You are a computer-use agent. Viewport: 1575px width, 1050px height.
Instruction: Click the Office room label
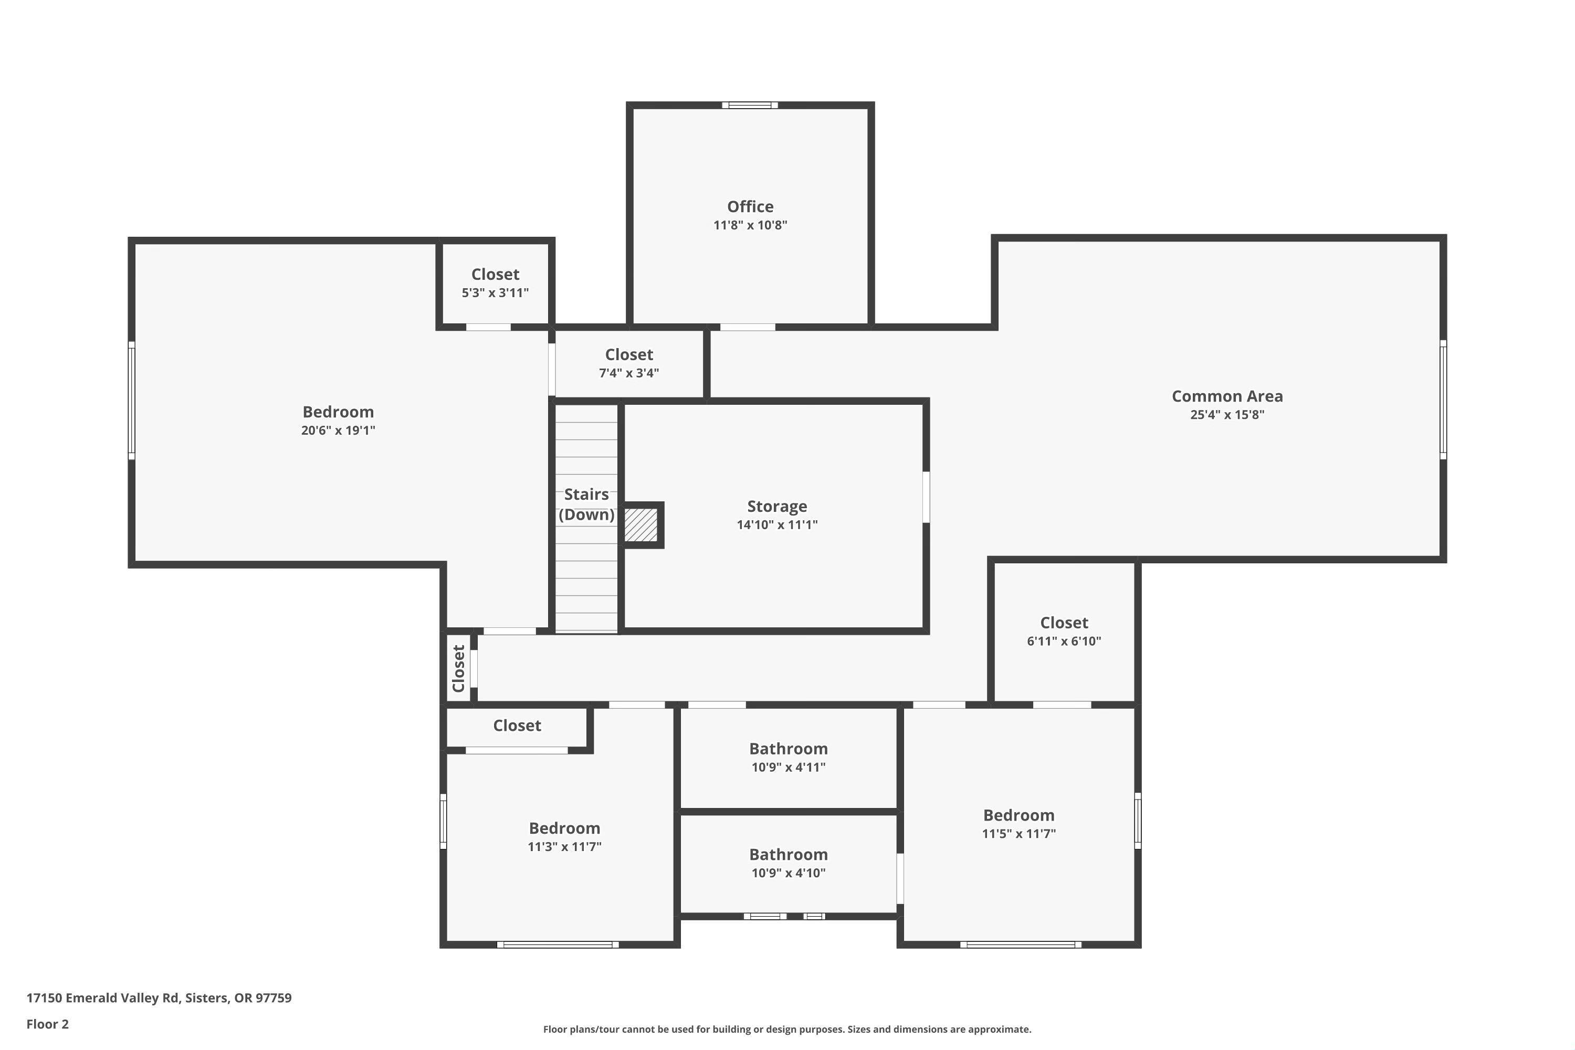[750, 206]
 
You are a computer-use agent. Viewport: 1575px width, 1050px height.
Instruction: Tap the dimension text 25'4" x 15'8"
[1227, 415]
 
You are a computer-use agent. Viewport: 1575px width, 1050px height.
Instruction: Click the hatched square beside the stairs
[641, 525]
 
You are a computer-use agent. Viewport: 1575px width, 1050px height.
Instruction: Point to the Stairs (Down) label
[586, 504]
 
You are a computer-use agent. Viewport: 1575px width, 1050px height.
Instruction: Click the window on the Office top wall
[750, 105]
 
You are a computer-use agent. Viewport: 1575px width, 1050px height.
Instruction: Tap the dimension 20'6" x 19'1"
[338, 430]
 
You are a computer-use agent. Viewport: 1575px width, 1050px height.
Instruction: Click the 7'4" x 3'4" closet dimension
[629, 373]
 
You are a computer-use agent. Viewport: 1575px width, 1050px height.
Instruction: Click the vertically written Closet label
[459, 668]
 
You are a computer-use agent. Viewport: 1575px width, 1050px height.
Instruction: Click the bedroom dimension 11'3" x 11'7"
[564, 847]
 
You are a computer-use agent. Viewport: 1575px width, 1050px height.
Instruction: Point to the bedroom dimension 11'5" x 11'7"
[1018, 834]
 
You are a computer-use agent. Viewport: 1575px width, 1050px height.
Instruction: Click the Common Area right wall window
[1443, 400]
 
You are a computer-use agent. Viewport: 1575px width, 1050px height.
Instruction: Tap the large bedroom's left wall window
[132, 401]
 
